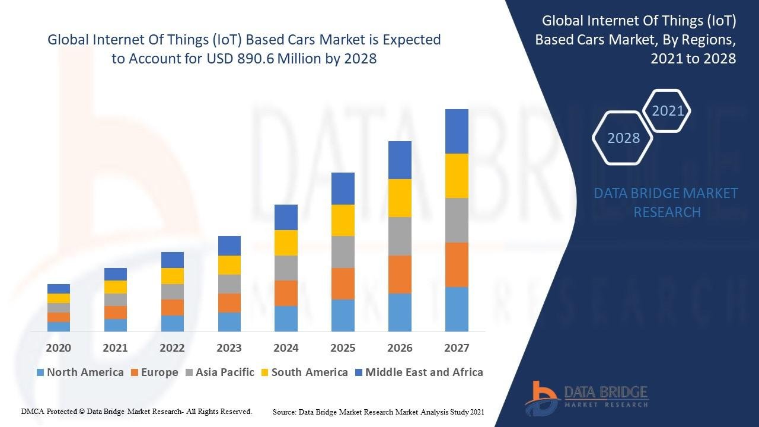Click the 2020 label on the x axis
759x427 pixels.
[58, 348]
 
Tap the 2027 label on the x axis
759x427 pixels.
[457, 348]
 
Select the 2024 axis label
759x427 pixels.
[286, 348]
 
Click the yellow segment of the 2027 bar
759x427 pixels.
[457, 176]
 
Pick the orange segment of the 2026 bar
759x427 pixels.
[400, 274]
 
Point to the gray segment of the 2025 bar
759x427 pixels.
[343, 252]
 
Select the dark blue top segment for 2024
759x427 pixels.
[286, 217]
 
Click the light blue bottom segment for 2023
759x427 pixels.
[229, 321]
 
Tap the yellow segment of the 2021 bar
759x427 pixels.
[115, 287]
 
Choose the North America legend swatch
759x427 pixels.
[40, 373]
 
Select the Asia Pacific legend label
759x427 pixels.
[225, 372]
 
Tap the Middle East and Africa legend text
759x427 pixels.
[424, 372]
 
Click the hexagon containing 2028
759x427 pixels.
[623, 138]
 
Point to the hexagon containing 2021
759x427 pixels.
[668, 111]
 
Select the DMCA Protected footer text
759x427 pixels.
[136, 411]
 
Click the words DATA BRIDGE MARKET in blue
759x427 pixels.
[666, 193]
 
